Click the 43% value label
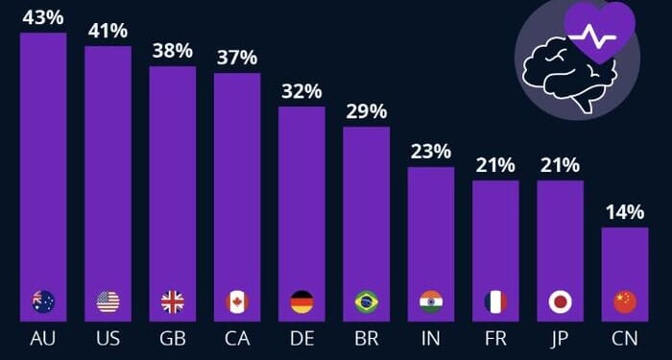[x=43, y=17]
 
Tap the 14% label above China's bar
[x=624, y=212]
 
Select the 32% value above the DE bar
[x=301, y=91]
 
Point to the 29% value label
[x=366, y=111]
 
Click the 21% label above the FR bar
[x=495, y=165]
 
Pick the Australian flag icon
[x=43, y=302]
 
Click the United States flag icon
[x=108, y=302]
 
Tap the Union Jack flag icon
[x=173, y=302]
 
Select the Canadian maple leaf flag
[x=237, y=302]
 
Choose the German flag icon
[x=301, y=302]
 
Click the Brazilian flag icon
[x=366, y=302]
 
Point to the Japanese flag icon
[x=560, y=302]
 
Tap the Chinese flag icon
[x=625, y=302]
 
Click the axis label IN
[x=431, y=341]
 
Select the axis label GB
[x=173, y=341]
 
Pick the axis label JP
[x=560, y=341]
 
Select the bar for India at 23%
[x=431, y=230]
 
